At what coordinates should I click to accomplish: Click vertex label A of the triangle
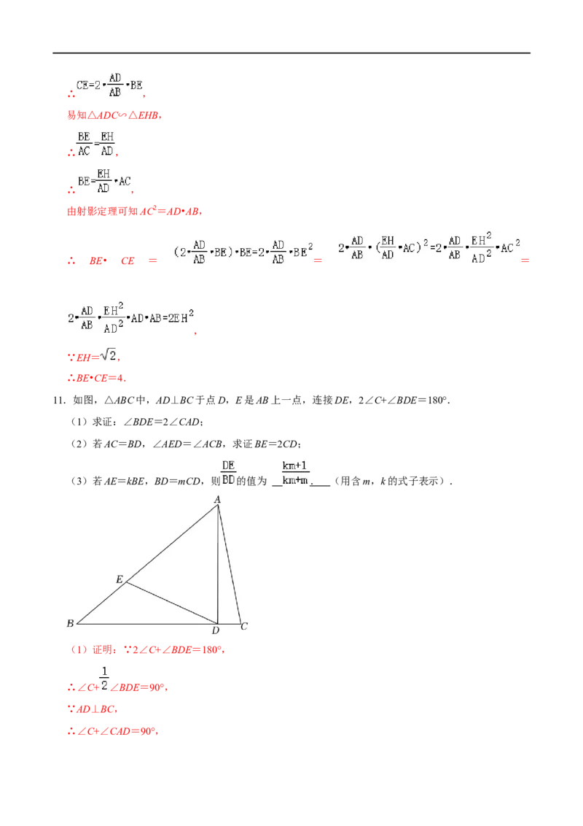point(216,499)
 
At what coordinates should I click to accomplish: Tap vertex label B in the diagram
point(70,623)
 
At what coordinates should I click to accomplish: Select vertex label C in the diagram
point(244,626)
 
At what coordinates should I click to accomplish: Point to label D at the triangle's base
point(216,630)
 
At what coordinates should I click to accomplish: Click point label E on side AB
point(120,579)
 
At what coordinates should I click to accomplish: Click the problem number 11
point(59,401)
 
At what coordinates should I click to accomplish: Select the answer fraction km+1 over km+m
point(295,473)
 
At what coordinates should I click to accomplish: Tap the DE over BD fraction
point(228,473)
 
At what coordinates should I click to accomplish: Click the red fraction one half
point(104,679)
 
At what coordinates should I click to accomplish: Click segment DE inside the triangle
point(171,603)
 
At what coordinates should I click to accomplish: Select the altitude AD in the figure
point(218,565)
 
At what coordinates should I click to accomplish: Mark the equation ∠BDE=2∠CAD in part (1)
point(161,422)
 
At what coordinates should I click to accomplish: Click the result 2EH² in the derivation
point(181,317)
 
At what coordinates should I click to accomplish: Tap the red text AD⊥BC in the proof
point(95,709)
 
